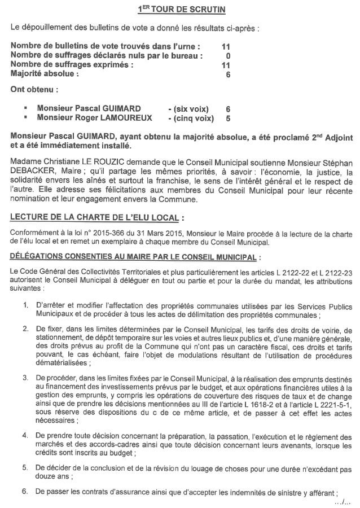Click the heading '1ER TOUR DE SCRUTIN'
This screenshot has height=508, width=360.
tap(179, 10)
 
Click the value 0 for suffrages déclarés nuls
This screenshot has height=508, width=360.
tap(228, 56)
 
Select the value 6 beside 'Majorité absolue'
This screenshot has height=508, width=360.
tap(228, 73)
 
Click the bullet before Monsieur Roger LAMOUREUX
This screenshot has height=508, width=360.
tap(25, 118)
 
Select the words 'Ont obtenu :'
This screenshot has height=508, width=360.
tap(34, 89)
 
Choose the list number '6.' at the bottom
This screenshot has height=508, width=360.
tap(25, 491)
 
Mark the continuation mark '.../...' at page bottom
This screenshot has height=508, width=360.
tap(342, 501)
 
